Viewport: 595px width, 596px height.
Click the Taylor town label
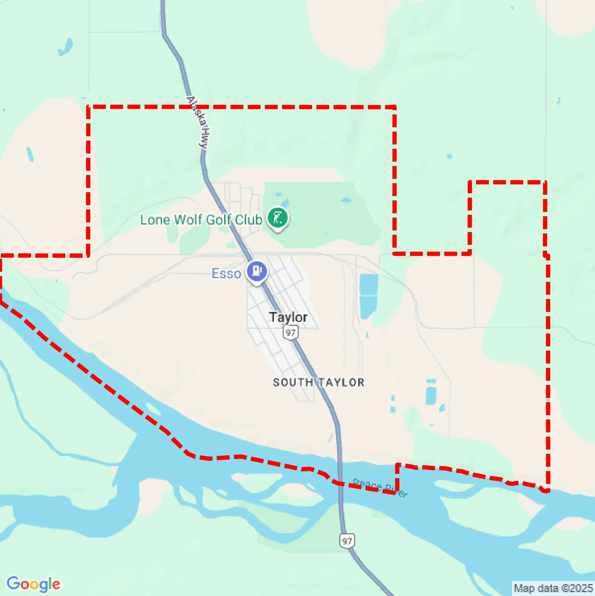288,317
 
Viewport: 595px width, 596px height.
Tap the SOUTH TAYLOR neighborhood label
319,383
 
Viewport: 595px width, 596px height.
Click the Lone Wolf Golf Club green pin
278,218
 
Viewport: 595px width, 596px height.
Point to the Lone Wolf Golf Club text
201,220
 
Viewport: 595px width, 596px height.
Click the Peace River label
380,487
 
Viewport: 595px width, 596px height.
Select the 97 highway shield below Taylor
290,333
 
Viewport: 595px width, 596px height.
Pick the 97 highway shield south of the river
347,541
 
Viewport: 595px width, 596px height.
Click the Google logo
33,584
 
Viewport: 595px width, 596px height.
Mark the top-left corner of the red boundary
88,107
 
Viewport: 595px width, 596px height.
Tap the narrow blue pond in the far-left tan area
30,154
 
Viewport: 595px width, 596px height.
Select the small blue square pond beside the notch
450,156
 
